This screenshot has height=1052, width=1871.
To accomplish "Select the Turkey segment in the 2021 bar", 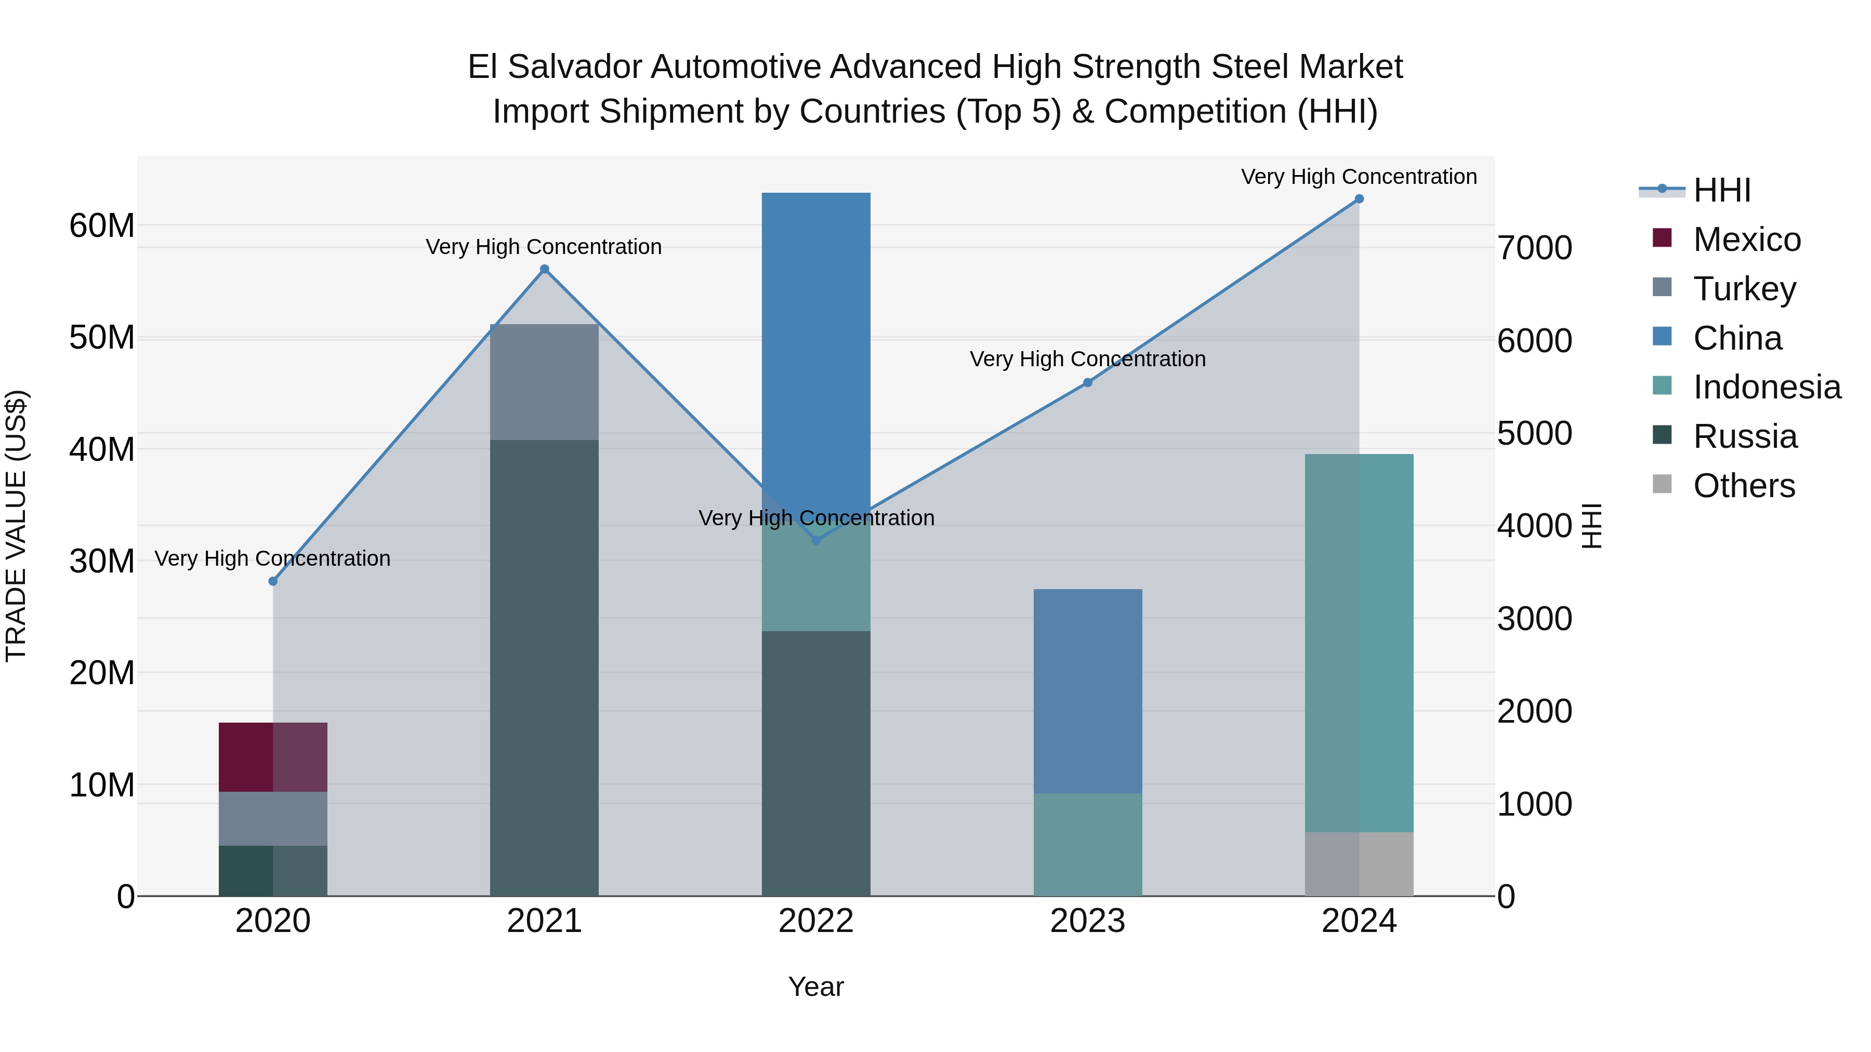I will [x=544, y=382].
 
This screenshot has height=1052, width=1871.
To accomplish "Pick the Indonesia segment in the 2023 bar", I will [x=1087, y=844].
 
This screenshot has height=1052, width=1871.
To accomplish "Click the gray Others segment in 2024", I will [x=1359, y=863].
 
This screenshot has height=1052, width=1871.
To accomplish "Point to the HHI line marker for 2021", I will [x=545, y=269].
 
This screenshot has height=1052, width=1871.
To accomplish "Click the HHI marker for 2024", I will [x=1359, y=199].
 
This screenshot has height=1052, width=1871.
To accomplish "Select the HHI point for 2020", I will [x=273, y=581].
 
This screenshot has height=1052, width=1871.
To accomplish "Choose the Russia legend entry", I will [x=1745, y=436].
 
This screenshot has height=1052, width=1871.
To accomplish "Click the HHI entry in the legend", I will [x=1721, y=190].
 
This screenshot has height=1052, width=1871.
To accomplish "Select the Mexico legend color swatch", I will [x=1662, y=238].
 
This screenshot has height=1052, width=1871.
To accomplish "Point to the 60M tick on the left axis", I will [x=102, y=226].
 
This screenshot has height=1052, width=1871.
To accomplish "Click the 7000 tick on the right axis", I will [x=1535, y=248].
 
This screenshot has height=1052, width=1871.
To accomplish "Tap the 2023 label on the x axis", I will [x=1087, y=921].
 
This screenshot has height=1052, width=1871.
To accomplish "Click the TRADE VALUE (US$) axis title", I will [x=16, y=526].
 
